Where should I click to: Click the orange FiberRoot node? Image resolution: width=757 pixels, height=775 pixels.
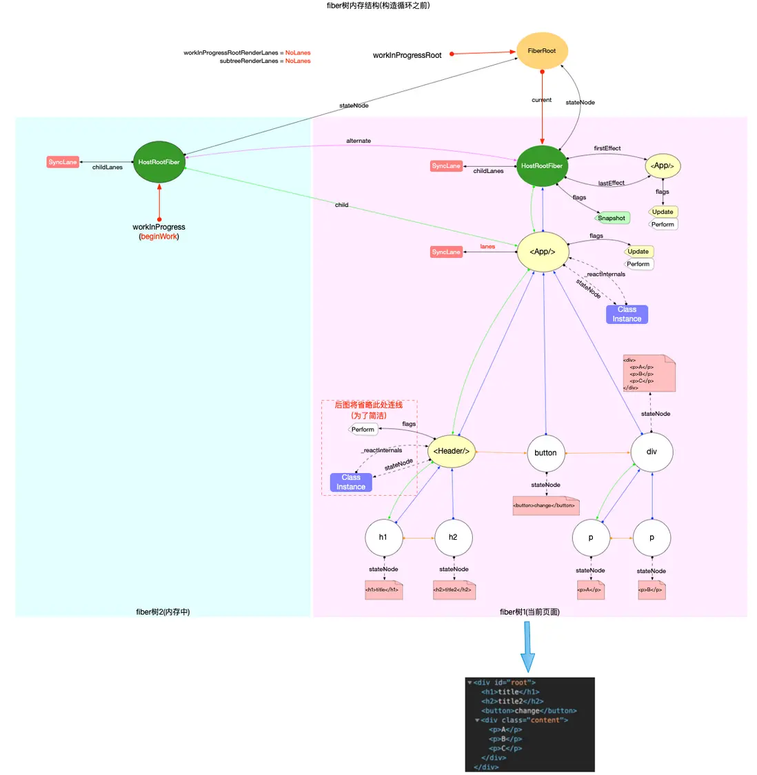pyautogui.click(x=542, y=51)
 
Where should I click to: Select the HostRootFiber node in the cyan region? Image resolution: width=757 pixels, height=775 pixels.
pyautogui.click(x=159, y=162)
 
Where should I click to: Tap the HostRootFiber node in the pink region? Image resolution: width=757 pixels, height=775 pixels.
pyautogui.click(x=542, y=166)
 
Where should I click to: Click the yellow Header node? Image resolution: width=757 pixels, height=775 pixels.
pyautogui.click(x=452, y=452)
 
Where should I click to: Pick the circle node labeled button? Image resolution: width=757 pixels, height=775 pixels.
pyautogui.click(x=545, y=453)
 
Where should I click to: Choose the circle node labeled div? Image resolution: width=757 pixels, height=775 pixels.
pyautogui.click(x=652, y=452)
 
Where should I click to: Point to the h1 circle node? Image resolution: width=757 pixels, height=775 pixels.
pyautogui.click(x=383, y=537)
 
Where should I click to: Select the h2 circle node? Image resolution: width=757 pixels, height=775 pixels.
pyautogui.click(x=453, y=537)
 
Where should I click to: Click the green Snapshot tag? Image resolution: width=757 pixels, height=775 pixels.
pyautogui.click(x=612, y=219)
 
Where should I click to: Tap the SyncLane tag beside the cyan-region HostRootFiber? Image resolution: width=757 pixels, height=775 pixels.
pyautogui.click(x=63, y=162)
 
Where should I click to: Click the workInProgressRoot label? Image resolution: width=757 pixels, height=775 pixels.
pyautogui.click(x=407, y=55)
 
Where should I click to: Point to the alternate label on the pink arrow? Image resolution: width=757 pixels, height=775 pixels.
pyautogui.click(x=359, y=141)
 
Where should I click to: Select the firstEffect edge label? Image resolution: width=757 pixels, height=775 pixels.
pyautogui.click(x=607, y=148)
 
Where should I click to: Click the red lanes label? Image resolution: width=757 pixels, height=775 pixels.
pyautogui.click(x=487, y=246)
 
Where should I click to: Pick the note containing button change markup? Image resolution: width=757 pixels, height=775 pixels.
pyautogui.click(x=545, y=505)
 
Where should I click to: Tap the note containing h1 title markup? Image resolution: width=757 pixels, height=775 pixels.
pyautogui.click(x=383, y=590)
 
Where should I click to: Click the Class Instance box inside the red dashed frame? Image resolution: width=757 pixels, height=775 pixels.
pyautogui.click(x=351, y=482)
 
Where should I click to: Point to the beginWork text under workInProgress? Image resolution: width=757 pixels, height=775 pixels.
pyautogui.click(x=159, y=236)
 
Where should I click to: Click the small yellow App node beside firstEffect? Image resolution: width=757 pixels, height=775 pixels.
pyautogui.click(x=663, y=165)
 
